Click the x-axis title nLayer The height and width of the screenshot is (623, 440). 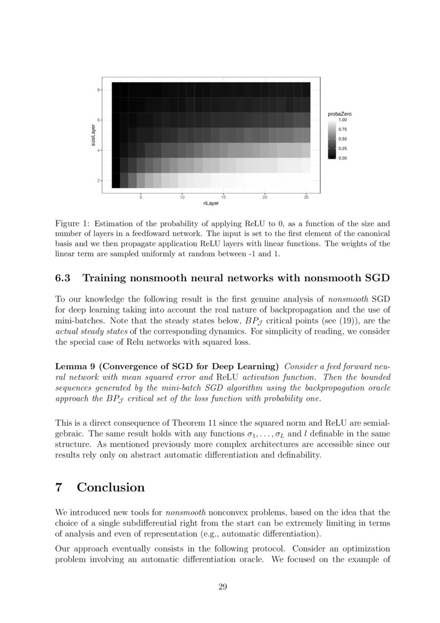click(x=211, y=204)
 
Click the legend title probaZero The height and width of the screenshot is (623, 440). click(x=339, y=115)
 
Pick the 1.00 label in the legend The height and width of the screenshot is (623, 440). click(x=343, y=120)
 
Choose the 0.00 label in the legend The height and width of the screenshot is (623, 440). click(x=343, y=158)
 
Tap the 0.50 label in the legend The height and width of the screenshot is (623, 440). click(x=343, y=139)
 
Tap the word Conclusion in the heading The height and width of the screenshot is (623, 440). click(x=111, y=488)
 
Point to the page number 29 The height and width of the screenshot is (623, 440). click(x=223, y=587)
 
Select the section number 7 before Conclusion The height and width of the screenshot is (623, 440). click(x=60, y=488)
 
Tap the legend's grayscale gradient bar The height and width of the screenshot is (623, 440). click(x=332, y=139)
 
